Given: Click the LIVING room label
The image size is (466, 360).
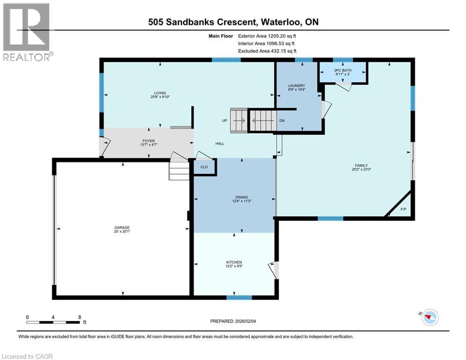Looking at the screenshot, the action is tap(160, 93).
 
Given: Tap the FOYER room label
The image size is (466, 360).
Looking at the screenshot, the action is tap(148, 141).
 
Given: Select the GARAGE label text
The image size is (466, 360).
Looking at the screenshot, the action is tap(122, 228).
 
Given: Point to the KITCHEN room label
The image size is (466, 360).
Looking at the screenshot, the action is tap(234, 262).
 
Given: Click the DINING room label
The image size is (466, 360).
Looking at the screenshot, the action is tap(242, 197).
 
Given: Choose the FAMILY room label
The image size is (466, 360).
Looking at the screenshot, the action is tap(362, 165).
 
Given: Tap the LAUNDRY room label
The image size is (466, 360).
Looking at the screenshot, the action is tap(296, 85).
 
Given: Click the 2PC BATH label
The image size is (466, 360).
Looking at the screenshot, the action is tap(343, 70).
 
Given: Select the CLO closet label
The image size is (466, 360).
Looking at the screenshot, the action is tap(204, 167).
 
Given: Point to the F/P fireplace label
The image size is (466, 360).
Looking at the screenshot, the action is tap(403, 209).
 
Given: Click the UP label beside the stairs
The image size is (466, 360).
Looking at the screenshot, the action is tap(225, 120).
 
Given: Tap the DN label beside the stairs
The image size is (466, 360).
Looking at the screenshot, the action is tap(282, 120).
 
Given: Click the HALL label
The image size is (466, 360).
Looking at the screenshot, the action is tap(220, 143).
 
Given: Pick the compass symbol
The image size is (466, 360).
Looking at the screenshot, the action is tap(430, 317).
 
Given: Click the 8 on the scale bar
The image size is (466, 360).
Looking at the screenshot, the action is tap(80, 317).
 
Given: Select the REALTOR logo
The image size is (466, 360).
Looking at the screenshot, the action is tap(26, 32).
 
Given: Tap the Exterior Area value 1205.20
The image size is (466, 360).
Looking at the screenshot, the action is tap(277, 36).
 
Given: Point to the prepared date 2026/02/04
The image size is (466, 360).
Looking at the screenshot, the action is tap(245, 321).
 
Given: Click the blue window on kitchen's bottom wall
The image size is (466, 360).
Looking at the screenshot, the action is tap(239, 297).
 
